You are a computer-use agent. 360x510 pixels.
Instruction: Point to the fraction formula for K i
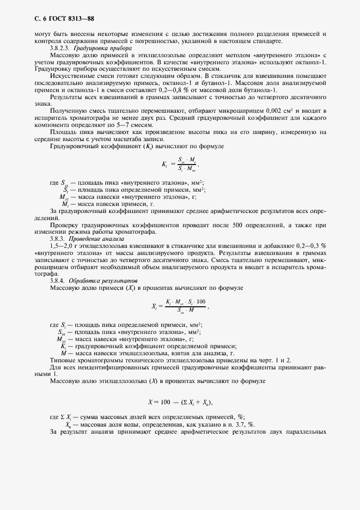(179, 163)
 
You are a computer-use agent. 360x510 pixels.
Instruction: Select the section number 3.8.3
(57, 239)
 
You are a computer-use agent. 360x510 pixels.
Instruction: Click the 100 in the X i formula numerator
(201, 302)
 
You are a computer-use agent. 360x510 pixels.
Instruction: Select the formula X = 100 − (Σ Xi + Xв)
(180, 402)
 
